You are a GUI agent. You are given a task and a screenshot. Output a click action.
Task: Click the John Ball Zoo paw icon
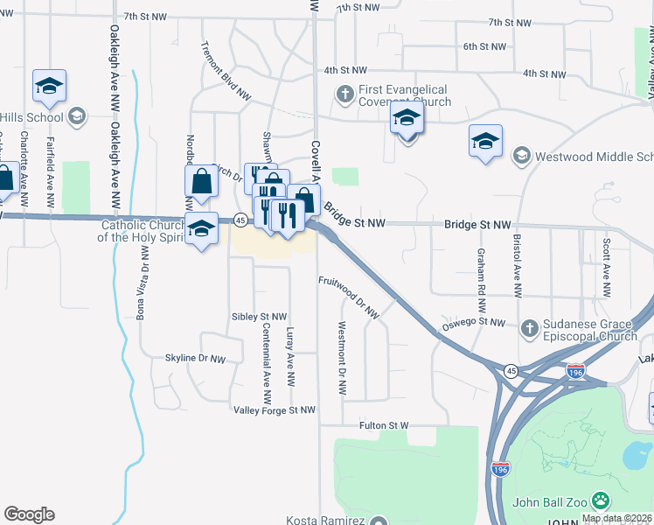[601, 500]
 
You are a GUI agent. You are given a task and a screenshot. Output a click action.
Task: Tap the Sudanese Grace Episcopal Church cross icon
[528, 329]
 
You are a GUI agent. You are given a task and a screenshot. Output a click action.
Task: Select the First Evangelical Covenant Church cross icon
[344, 92]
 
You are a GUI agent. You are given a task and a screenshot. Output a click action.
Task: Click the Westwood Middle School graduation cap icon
[521, 157]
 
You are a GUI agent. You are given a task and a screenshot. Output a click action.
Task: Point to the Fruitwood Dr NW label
[349, 297]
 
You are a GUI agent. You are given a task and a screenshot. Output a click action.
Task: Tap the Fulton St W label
[384, 425]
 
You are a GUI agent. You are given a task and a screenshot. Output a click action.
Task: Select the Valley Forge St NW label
[274, 409]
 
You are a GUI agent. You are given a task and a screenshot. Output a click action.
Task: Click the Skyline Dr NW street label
[195, 359]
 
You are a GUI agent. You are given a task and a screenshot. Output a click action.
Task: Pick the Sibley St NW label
[259, 317]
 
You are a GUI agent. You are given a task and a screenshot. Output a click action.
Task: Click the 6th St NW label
[484, 46]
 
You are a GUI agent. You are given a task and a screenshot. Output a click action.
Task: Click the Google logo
[29, 514]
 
